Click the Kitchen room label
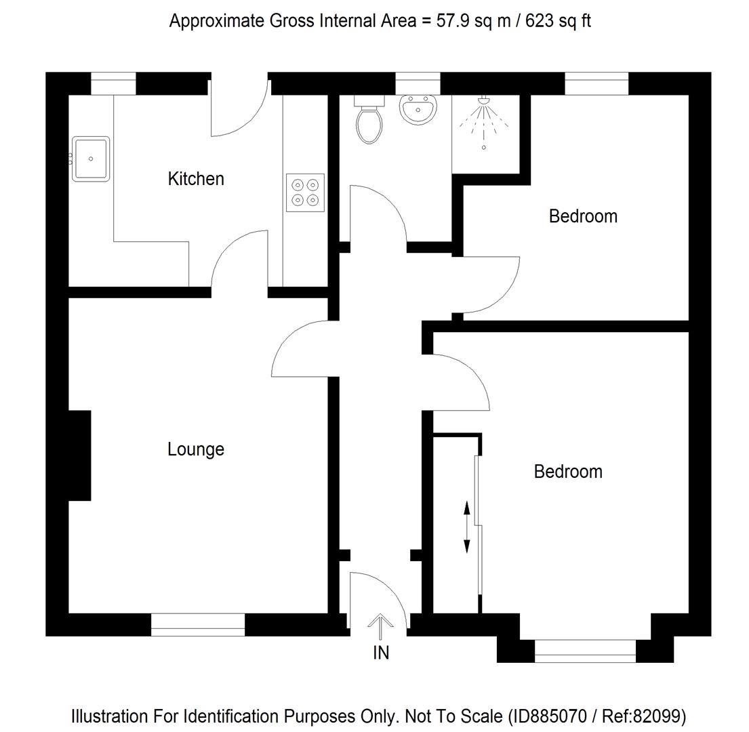[x=195, y=179]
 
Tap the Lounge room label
[x=195, y=449]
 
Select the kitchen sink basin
[x=91, y=159]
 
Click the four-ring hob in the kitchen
[x=305, y=192]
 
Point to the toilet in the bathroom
[x=369, y=122]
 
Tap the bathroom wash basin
[x=418, y=110]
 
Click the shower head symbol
[x=483, y=101]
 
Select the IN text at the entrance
[x=381, y=653]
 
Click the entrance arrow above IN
[x=380, y=626]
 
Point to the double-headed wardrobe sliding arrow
[x=466, y=527]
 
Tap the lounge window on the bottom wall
[x=197, y=624]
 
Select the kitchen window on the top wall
[x=113, y=83]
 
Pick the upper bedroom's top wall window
[x=596, y=83]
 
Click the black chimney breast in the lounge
[x=79, y=455]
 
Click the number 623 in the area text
[x=529, y=21]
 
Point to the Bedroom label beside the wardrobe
[x=567, y=472]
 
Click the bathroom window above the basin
[x=418, y=83]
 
